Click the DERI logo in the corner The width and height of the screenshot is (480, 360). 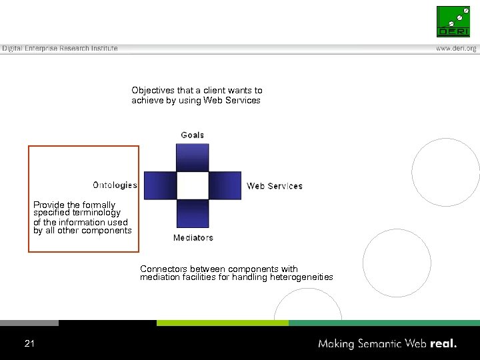click(x=453, y=21)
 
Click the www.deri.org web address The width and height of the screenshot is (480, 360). click(x=456, y=49)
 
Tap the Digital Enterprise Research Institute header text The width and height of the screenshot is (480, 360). click(x=60, y=49)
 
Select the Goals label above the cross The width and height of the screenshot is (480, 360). click(x=193, y=135)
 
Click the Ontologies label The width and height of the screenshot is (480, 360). click(x=115, y=185)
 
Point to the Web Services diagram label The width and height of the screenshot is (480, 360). click(x=275, y=186)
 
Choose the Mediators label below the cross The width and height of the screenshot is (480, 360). click(x=193, y=237)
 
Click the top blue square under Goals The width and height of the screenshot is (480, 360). click(x=192, y=157)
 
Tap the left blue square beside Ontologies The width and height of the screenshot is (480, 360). click(x=160, y=185)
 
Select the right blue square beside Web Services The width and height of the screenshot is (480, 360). click(x=225, y=185)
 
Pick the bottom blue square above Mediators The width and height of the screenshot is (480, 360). click(x=192, y=213)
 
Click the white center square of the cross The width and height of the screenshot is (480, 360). click(x=192, y=185)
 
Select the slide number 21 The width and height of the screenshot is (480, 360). click(x=29, y=343)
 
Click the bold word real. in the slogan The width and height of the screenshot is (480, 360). click(x=444, y=344)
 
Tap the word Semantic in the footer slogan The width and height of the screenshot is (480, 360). click(x=379, y=344)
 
